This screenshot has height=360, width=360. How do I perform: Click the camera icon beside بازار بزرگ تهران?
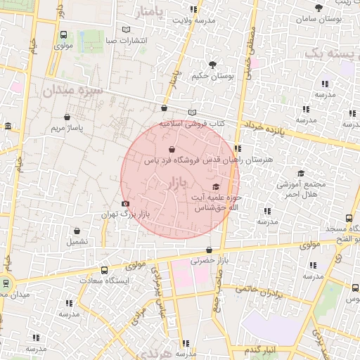pyautogui.click(x=126, y=204)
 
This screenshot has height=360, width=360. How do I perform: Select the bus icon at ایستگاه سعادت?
pyautogui.click(x=105, y=270)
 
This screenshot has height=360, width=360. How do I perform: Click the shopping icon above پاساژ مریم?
pyautogui.click(x=67, y=117)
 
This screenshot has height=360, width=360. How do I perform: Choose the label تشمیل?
pyautogui.click(x=77, y=240)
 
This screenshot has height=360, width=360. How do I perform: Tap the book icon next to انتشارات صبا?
pyautogui.click(x=126, y=30)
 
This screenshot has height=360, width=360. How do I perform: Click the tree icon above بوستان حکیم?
pyautogui.click(x=203, y=65)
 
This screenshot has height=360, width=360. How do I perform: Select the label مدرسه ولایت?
pyautogui.click(x=193, y=20)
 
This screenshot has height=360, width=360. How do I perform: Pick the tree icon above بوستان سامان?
pyautogui.click(x=319, y=8)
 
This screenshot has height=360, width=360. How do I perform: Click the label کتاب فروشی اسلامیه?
pyautogui.click(x=191, y=123)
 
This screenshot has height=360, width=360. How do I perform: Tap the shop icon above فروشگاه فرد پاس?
pyautogui.click(x=172, y=149)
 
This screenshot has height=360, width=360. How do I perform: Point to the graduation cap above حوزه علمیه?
pyautogui.click(x=215, y=186)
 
